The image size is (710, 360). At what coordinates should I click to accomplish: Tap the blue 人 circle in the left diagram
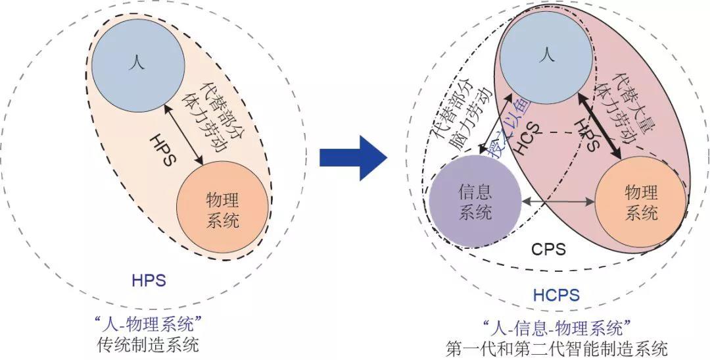point(137,63)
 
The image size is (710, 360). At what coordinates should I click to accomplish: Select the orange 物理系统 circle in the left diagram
point(222,210)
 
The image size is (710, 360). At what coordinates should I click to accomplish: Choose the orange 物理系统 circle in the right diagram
point(641,202)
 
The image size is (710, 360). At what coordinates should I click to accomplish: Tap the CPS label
point(548,249)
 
